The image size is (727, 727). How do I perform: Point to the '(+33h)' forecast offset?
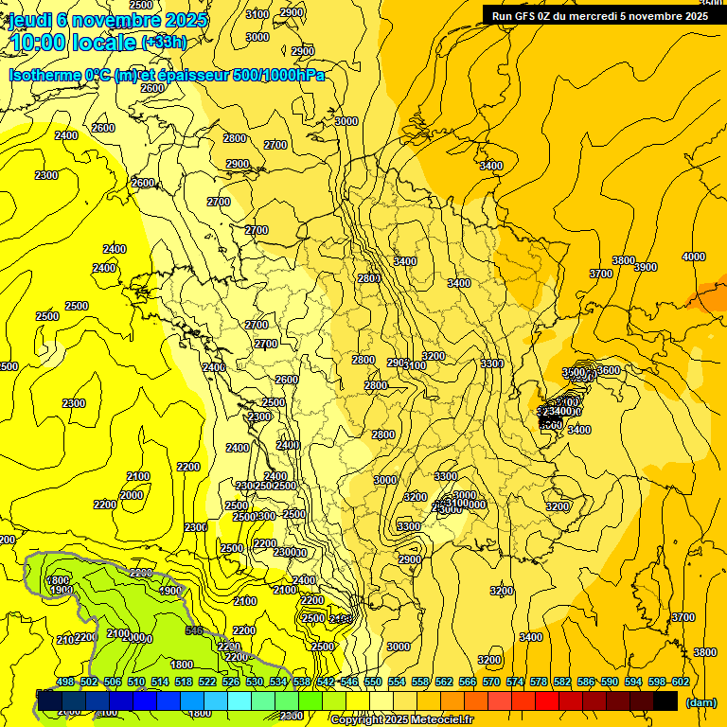[164, 43]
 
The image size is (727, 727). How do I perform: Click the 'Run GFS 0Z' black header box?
[602, 15]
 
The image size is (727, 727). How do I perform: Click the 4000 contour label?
[694, 257]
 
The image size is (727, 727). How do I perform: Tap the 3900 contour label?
[646, 267]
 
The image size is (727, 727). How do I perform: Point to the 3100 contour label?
[257, 14]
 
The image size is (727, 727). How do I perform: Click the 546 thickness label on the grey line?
[195, 630]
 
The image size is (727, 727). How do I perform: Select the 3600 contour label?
[609, 370]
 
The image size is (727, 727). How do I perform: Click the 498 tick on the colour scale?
[65, 682]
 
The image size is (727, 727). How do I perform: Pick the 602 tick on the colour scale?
[681, 682]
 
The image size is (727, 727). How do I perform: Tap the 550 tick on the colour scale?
[373, 682]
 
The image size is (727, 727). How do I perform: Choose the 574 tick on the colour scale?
[515, 682]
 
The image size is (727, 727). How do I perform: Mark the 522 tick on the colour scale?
[207, 682]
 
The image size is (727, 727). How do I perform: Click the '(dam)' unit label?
[701, 701]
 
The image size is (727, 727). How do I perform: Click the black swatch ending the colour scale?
[665, 700]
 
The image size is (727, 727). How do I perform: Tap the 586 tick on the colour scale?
[586, 682]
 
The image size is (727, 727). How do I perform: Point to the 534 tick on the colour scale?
[278, 682]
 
